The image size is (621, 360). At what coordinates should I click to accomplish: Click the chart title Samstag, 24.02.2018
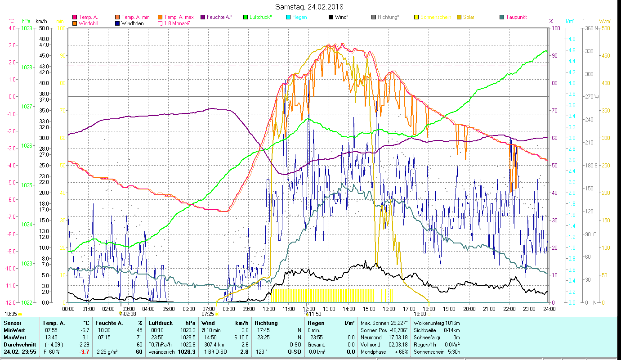[310, 7]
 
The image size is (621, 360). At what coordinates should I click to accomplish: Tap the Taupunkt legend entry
[516, 17]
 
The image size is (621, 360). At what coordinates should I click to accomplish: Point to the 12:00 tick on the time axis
[308, 309]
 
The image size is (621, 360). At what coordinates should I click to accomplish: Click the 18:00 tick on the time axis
[429, 309]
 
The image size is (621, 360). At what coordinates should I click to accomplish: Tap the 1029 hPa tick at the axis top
[27, 28]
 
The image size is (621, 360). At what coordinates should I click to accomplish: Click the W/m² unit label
[605, 21]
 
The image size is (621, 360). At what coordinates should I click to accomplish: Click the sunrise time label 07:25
[208, 314]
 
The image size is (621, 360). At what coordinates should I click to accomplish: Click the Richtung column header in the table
[266, 323]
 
